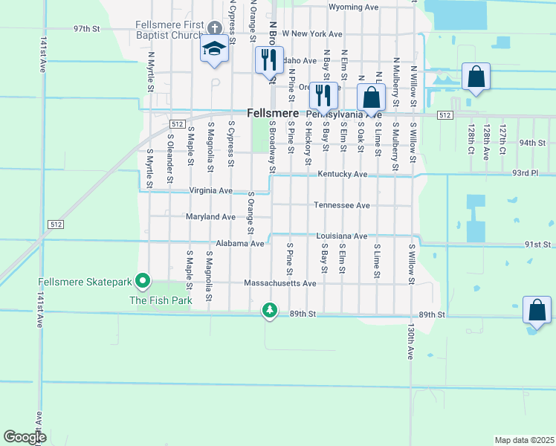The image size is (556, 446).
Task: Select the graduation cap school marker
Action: (x=214, y=50)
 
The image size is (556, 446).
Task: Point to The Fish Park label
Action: (x=161, y=300)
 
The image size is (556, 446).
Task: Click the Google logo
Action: (x=25, y=437)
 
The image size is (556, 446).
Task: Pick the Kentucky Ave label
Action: (x=343, y=174)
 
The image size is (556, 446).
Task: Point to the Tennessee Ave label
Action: (x=341, y=205)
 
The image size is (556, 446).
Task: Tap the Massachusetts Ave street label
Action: (x=280, y=283)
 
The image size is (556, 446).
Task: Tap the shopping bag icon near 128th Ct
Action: (x=476, y=77)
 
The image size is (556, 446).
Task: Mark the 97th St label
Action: (x=86, y=28)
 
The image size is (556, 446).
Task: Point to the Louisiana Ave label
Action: (x=341, y=236)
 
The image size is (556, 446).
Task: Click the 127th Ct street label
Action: (x=502, y=135)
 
